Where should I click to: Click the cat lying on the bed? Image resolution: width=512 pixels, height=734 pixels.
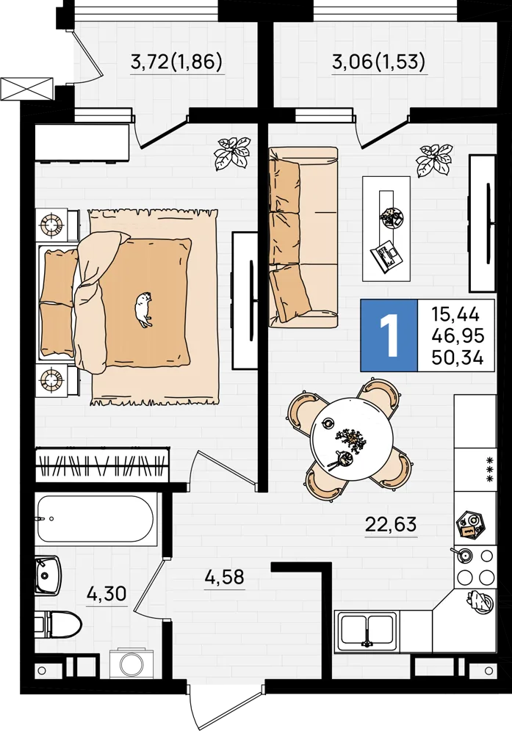coord(143,308)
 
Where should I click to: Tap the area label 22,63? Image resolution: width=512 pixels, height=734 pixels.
coord(391,524)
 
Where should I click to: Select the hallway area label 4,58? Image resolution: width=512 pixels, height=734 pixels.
coord(224,577)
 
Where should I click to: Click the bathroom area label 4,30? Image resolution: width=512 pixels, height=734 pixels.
coord(107,594)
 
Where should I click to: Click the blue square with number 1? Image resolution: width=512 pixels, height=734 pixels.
coord(389,335)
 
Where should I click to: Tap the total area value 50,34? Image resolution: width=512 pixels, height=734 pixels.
coord(458,358)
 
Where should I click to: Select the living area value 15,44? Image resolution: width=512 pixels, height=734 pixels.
coord(455,314)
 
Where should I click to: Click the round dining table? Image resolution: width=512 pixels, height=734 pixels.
coord(351,437)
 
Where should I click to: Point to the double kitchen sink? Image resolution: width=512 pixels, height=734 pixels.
coord(367,631)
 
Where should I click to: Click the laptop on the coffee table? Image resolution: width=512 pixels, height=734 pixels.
coord(386,255)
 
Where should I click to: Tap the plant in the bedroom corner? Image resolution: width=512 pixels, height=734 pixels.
coord(232,153)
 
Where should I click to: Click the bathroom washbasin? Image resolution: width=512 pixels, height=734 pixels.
coord(48,575)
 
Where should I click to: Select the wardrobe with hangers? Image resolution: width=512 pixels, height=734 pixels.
coord(102,464)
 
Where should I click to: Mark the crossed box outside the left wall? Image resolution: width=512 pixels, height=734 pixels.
coord(26,88)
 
